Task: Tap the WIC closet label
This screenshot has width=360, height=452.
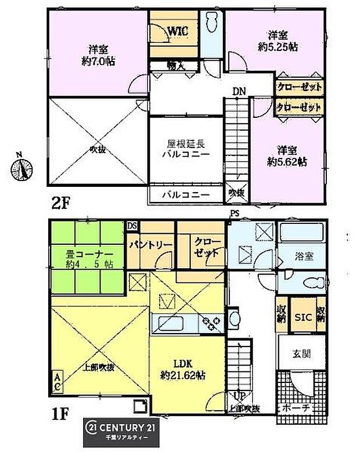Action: pos(178,31)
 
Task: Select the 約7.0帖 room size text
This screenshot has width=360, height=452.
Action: pos(95,59)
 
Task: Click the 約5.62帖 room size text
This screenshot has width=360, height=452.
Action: pos(287,162)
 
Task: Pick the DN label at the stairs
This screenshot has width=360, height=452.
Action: pos(239,91)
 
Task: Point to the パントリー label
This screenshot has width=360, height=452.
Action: pos(150,244)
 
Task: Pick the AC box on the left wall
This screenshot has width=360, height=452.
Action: pos(59,382)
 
